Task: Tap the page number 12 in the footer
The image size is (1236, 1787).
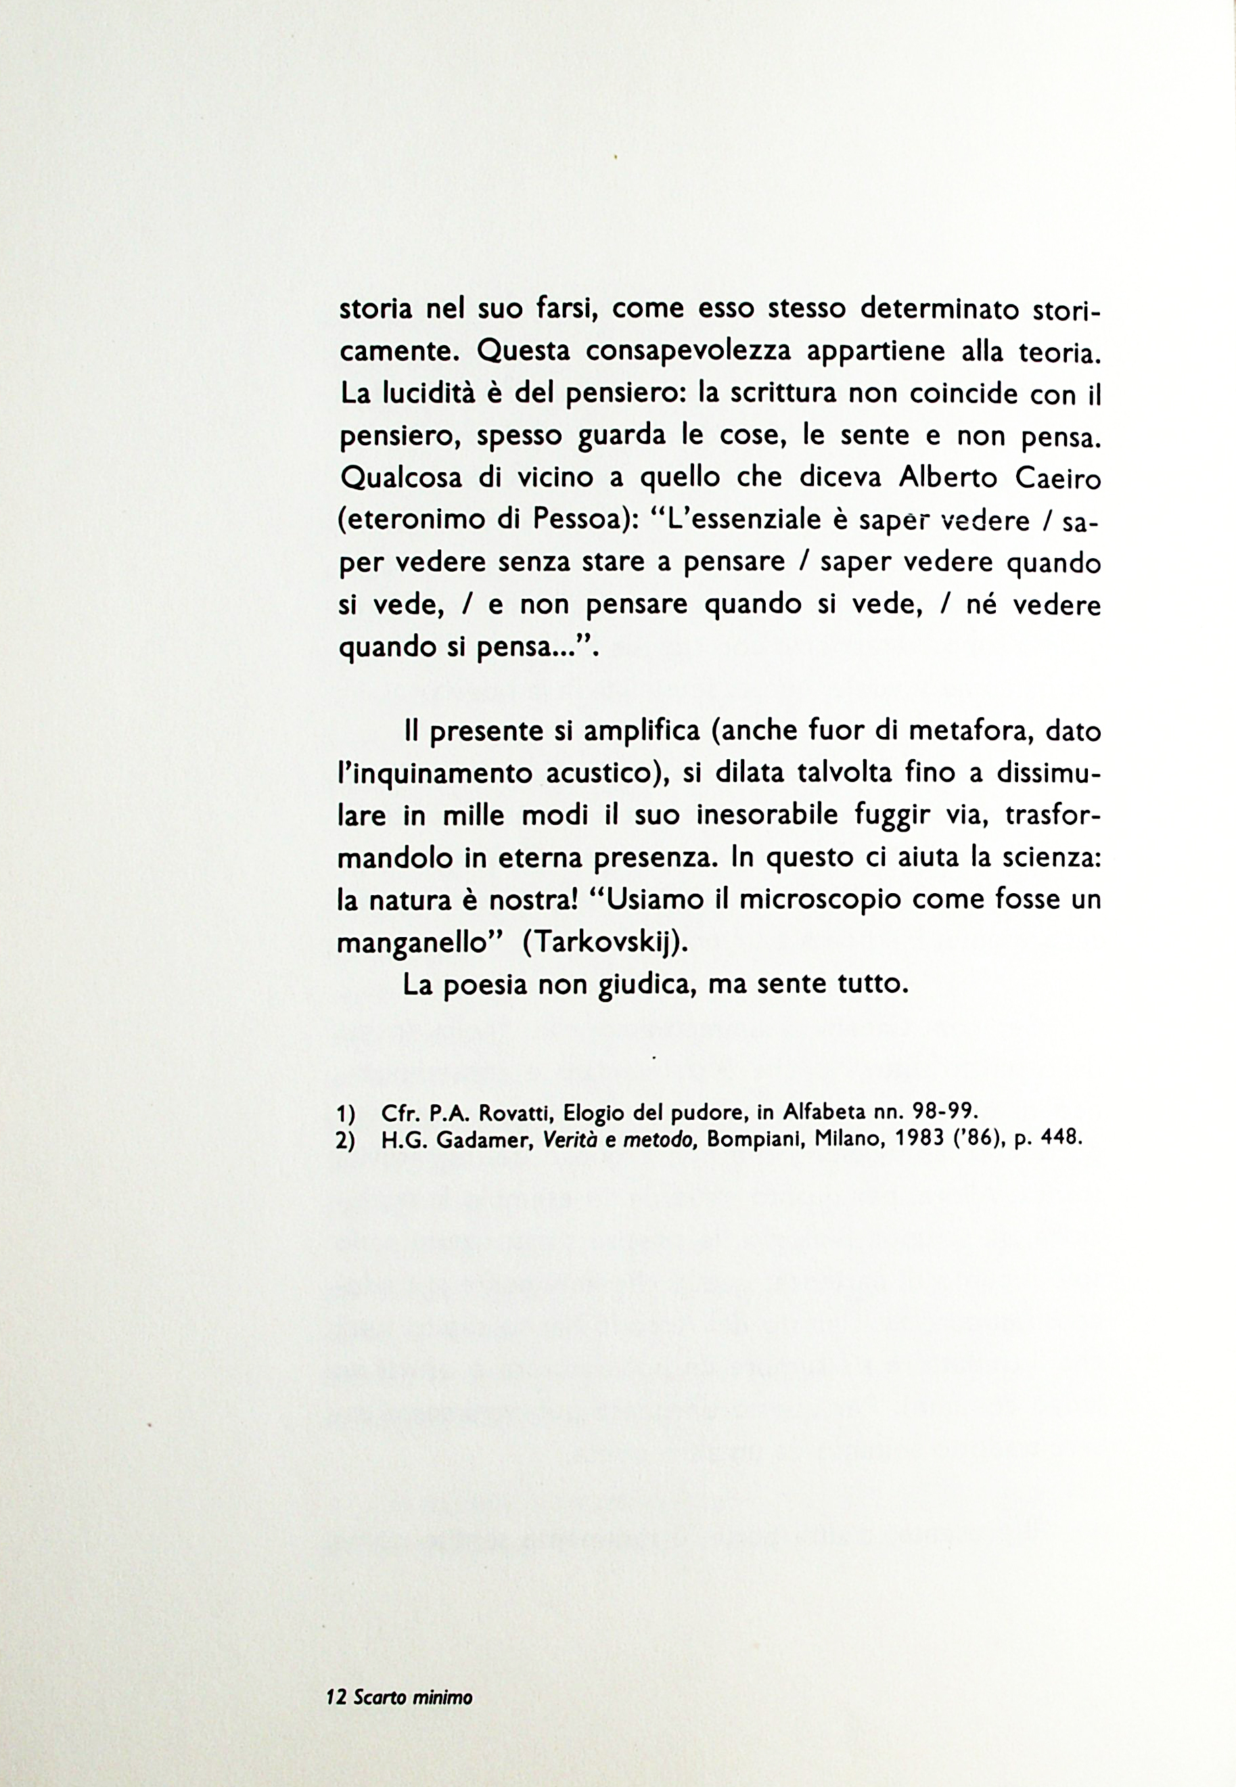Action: pyautogui.click(x=336, y=1697)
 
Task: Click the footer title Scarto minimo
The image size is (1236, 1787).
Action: pyautogui.click(x=412, y=1697)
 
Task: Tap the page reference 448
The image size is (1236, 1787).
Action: pyautogui.click(x=1059, y=1139)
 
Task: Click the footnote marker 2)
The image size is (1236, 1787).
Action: pyautogui.click(x=346, y=1141)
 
